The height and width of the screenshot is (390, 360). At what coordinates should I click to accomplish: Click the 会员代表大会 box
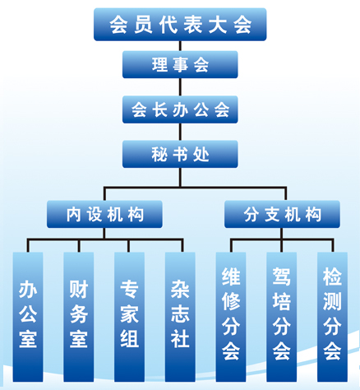click(x=180, y=25)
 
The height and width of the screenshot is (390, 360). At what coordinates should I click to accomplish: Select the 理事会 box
click(x=180, y=64)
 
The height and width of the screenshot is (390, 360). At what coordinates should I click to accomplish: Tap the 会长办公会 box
click(x=180, y=109)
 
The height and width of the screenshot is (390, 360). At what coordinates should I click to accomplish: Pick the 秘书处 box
click(x=180, y=154)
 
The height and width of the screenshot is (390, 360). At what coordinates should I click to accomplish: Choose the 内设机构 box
click(x=104, y=214)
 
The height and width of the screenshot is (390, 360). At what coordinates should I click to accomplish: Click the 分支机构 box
click(x=282, y=214)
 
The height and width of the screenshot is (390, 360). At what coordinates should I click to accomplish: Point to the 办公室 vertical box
click(x=28, y=317)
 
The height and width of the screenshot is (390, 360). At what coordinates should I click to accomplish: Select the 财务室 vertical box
click(x=79, y=317)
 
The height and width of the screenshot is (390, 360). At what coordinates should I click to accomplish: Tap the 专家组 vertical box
click(x=129, y=317)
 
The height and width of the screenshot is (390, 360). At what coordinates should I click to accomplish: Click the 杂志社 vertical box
click(x=180, y=317)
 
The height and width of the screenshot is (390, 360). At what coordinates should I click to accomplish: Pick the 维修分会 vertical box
click(x=231, y=317)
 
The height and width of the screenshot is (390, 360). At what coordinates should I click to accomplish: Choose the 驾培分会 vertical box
click(x=282, y=317)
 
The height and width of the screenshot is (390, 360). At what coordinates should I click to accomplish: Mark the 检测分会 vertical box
click(x=332, y=317)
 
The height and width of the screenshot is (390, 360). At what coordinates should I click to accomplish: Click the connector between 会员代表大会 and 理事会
click(x=180, y=46)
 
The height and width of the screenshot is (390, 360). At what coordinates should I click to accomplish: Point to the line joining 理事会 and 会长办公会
click(x=180, y=87)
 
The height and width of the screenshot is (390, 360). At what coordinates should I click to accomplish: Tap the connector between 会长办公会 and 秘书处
click(x=180, y=132)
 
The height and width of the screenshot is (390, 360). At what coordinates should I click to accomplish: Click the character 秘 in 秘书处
click(x=159, y=155)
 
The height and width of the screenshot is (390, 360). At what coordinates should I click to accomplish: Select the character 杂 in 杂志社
click(x=180, y=289)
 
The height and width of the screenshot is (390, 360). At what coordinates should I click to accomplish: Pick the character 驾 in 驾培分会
click(x=282, y=276)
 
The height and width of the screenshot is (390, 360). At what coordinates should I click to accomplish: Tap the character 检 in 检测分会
click(x=332, y=276)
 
